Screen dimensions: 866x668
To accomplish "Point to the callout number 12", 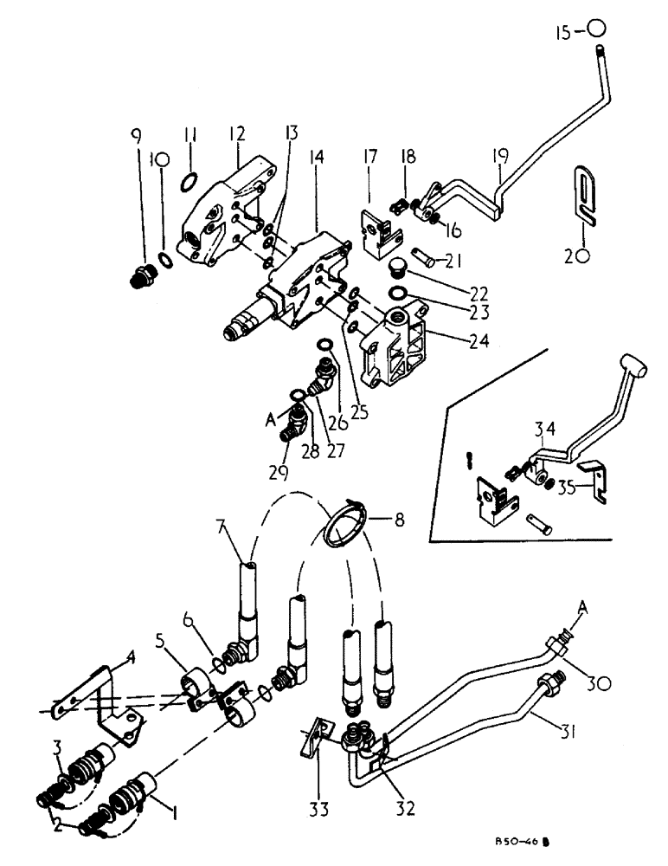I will pos(235,135).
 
